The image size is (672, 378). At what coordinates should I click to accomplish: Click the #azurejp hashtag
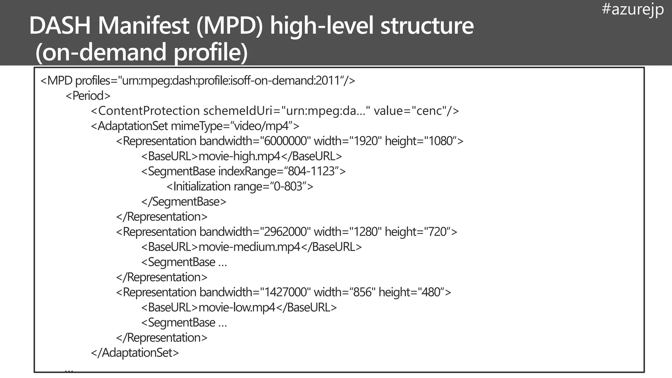[633, 9]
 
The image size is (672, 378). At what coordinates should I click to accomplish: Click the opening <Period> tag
[88, 96]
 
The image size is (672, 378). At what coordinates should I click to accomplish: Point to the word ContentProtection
[149, 111]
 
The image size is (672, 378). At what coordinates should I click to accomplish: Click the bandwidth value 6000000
[285, 141]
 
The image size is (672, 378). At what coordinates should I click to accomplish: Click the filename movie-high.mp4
[240, 156]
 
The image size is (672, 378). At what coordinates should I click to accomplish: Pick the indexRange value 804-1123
[311, 171]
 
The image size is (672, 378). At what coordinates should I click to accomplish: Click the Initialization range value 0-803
[288, 186]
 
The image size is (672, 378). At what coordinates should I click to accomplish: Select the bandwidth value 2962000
[285, 232]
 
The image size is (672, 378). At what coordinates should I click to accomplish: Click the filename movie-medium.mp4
[249, 247]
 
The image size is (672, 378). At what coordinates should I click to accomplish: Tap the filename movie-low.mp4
[237, 307]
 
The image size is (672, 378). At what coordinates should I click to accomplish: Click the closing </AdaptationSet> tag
[135, 353]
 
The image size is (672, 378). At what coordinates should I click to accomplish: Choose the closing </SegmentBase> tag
[184, 201]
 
